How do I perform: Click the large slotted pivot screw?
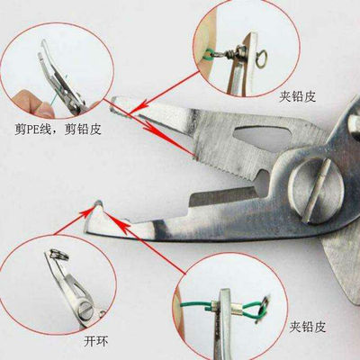coord(314,190)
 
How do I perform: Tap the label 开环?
coord(95,341)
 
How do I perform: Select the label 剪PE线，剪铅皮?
coord(58,130)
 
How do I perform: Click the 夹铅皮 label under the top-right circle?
coord(298,96)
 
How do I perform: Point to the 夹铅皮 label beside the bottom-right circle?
coord(308,327)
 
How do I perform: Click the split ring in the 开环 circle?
coord(58,255)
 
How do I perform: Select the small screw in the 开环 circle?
coord(85,310)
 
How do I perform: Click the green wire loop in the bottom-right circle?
coord(254,310)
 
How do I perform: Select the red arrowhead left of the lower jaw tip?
coord(86,210)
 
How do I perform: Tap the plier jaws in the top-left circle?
coord(61,79)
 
